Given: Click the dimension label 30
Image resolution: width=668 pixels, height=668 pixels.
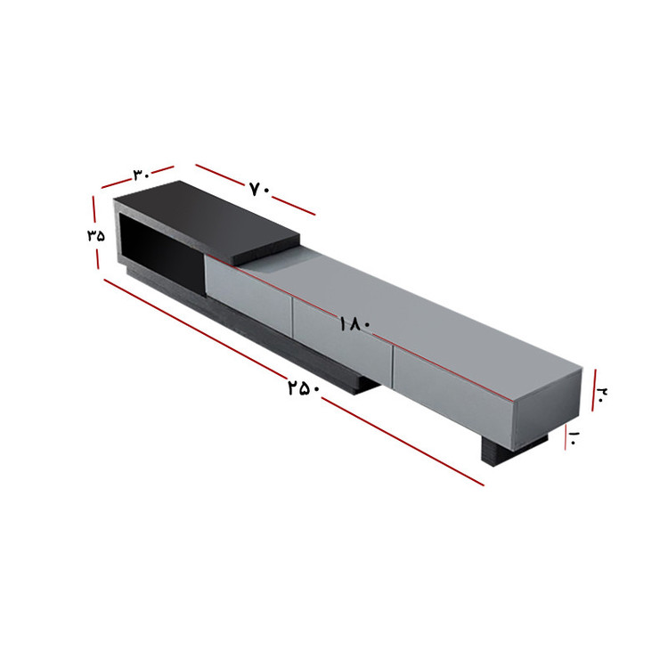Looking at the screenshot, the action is coord(142,175).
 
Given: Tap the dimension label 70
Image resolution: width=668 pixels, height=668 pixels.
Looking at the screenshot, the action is coord(259,190).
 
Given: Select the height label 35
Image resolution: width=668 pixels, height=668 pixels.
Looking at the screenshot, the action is coord(96,236).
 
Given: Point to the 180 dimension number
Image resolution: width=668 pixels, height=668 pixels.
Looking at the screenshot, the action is coord(355,324).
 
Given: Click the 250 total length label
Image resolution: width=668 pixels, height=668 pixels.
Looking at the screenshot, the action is coord(304,388).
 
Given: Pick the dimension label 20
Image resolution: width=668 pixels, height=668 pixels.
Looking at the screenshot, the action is coord(602,393).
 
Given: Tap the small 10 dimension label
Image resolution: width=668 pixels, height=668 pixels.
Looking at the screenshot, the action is coord(573,438).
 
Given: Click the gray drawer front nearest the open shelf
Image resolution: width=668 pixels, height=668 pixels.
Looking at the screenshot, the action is coord(248,292).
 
